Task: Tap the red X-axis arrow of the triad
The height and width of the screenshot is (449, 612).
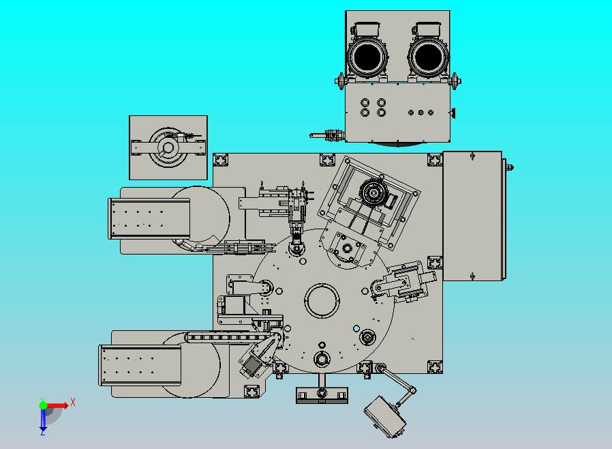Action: (x=57, y=405)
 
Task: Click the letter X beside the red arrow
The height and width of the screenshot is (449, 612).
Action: (x=73, y=402)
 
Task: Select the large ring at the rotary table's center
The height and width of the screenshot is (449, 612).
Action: (x=322, y=301)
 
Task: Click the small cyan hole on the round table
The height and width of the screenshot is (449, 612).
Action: (x=356, y=328)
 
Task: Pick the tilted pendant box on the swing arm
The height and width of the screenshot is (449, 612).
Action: (x=384, y=417)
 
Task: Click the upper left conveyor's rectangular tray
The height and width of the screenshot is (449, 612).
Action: (x=149, y=218)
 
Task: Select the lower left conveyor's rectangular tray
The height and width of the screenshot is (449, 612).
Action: (x=140, y=365)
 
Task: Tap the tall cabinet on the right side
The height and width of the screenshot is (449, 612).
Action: (x=472, y=216)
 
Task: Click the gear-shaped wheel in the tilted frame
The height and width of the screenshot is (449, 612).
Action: (x=373, y=192)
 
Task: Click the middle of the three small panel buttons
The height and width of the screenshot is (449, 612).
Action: (x=420, y=113)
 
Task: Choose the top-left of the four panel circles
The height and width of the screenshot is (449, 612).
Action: (x=365, y=102)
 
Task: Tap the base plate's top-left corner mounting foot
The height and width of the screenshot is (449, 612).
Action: (x=221, y=160)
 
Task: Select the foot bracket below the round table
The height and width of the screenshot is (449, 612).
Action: (x=322, y=394)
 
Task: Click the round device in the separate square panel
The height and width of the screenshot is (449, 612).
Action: (x=168, y=147)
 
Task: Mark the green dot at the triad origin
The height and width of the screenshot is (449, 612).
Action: (x=43, y=405)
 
